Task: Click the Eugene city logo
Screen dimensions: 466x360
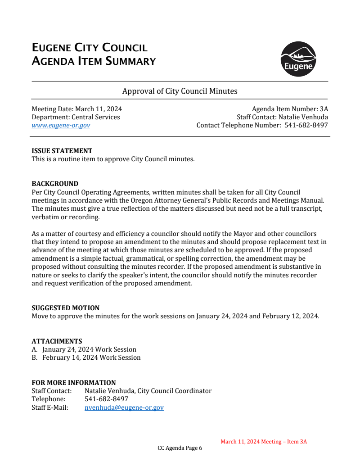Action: click(x=298, y=59)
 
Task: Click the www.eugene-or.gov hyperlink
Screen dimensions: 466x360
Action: click(x=61, y=125)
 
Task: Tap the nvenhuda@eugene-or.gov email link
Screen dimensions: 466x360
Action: click(x=124, y=407)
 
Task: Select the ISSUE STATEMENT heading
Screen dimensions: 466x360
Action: click(x=62, y=151)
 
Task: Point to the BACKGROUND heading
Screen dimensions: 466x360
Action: click(x=55, y=184)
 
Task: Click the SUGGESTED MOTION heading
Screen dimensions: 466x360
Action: click(x=65, y=308)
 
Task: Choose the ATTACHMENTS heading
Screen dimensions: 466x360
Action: click(x=57, y=341)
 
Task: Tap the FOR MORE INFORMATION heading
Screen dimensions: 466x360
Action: click(x=73, y=383)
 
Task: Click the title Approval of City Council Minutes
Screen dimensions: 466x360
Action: click(x=180, y=91)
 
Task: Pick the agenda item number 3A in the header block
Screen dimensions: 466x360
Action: click(x=323, y=109)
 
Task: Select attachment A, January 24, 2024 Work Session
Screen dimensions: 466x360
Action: click(x=89, y=349)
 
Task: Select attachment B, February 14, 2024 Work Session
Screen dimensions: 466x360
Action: click(x=91, y=357)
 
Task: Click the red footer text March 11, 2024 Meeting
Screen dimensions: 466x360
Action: click(x=264, y=442)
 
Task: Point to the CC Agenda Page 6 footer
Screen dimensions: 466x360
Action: click(x=180, y=448)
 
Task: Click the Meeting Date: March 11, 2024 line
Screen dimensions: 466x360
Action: click(x=76, y=109)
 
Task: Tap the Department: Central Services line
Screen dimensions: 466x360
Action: click(x=76, y=117)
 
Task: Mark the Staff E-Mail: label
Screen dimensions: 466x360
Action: click(x=49, y=407)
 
